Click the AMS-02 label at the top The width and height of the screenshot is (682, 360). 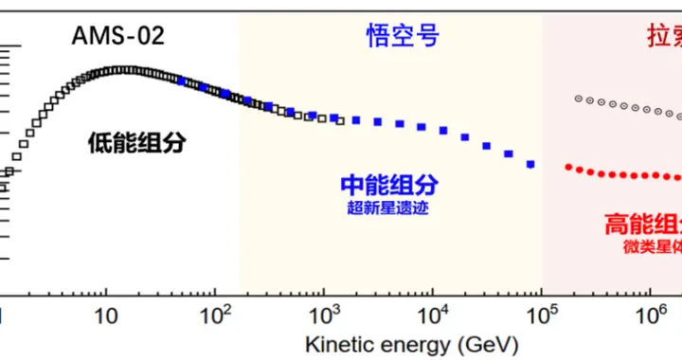(x=119, y=37)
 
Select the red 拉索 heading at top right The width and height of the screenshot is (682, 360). (x=657, y=36)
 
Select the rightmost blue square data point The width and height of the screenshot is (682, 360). (x=530, y=165)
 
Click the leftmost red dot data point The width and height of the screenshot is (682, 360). (x=568, y=167)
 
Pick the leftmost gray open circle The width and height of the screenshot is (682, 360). (x=576, y=97)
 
